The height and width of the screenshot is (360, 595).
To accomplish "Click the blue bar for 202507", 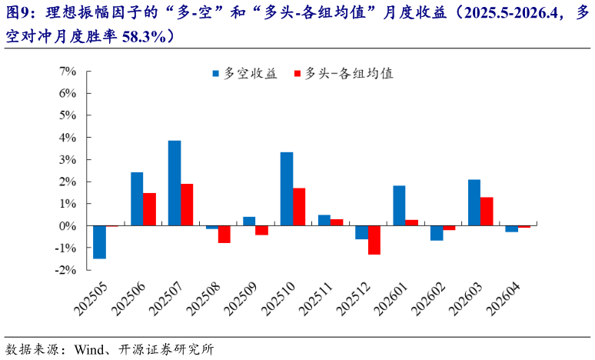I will point(175,183).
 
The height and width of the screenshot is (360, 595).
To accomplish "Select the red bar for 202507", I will point(187,205).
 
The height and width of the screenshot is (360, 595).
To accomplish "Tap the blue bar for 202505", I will point(99,242).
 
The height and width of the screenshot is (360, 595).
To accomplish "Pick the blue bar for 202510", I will point(287,189).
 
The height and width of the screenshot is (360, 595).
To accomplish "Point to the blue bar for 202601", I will point(399,205).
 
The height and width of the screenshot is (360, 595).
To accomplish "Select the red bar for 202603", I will point(487,212).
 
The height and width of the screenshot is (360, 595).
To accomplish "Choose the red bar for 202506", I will point(149,209).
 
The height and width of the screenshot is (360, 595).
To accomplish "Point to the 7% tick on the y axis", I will point(67,71).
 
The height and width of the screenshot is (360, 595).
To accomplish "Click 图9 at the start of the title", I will point(20,13).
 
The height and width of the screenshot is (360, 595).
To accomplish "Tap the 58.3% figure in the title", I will point(146,36).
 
